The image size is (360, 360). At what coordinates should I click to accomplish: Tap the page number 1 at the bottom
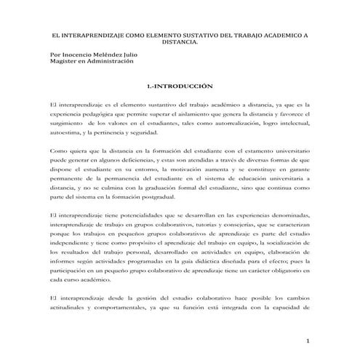click(308, 340)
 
